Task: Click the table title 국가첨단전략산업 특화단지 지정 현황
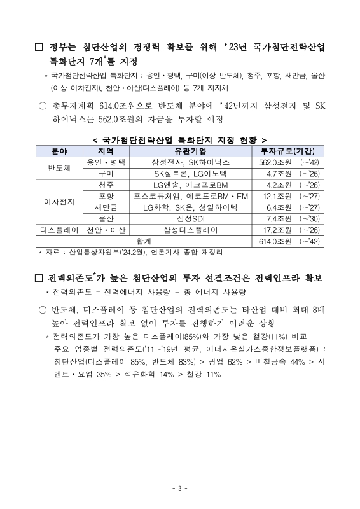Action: point(180,139)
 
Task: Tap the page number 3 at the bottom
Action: point(180,489)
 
